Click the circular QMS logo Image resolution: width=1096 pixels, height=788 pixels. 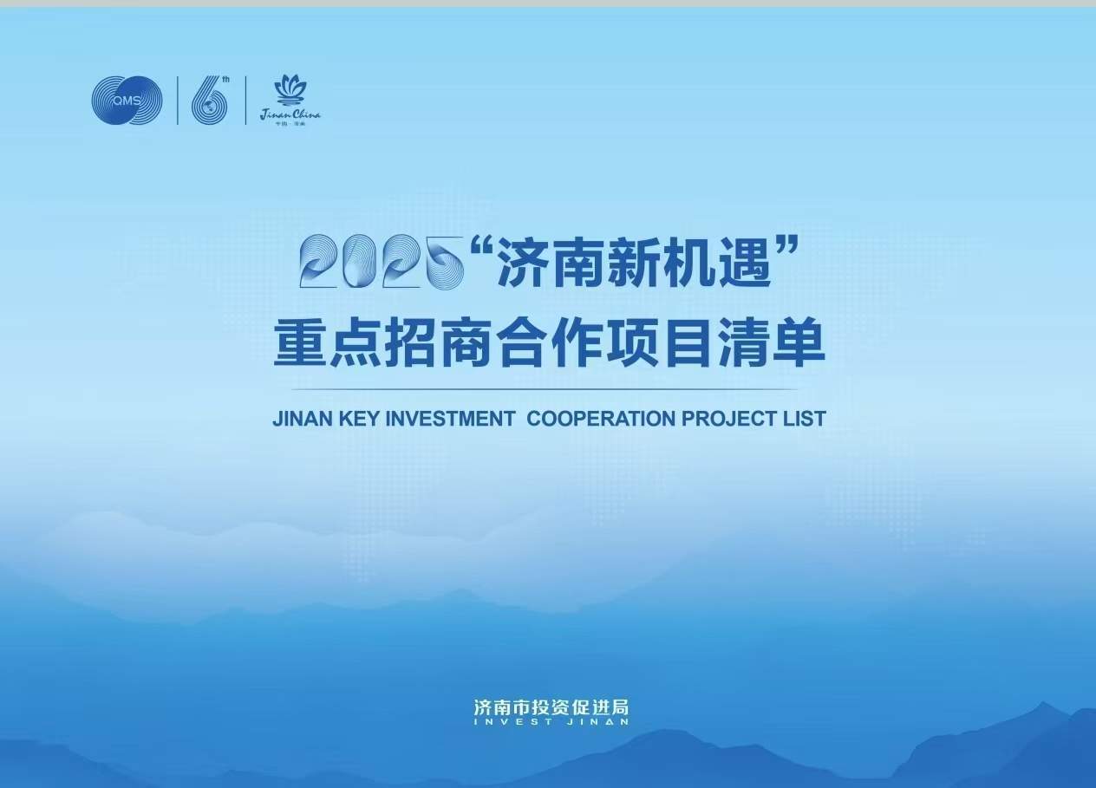point(127,101)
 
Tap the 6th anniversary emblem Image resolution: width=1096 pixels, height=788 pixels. point(211,101)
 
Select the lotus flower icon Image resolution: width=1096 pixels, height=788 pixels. point(290,89)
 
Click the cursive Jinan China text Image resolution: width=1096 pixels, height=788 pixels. point(290,114)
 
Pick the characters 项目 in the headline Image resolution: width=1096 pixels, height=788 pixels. point(660,345)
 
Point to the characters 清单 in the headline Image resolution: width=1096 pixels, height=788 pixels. point(771,345)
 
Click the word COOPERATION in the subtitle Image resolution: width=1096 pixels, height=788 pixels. point(601,419)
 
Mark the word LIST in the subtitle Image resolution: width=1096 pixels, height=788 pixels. point(806,419)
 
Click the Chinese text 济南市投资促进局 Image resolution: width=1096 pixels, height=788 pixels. point(551,707)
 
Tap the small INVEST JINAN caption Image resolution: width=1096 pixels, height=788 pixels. point(551,721)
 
